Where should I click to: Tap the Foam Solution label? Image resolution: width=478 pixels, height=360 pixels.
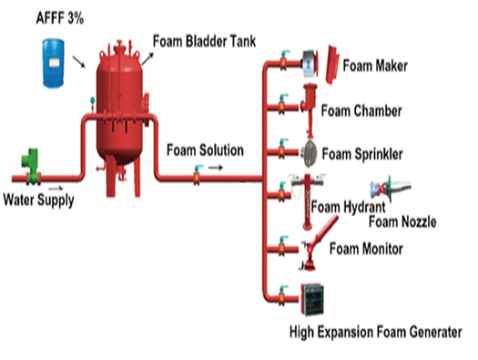tap(205, 149)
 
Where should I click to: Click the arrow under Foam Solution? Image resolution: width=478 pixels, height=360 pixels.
tap(214, 167)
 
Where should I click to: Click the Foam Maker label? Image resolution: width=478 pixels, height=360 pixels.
tap(375, 67)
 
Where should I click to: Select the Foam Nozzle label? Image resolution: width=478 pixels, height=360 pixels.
tap(402, 221)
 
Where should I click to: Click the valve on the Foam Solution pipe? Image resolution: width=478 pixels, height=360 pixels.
tap(196, 177)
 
